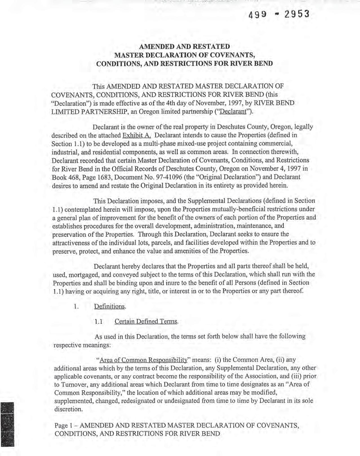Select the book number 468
tap(72, 177)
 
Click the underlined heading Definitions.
tap(110, 306)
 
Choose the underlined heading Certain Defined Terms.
tap(146, 322)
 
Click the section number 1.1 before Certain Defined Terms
tap(98, 322)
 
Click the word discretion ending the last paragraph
tap(68, 409)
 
